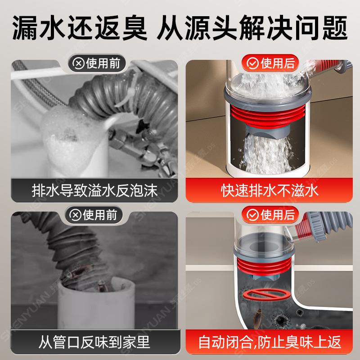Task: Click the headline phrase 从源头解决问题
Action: coord(252,28)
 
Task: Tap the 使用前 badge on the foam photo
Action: coord(97,63)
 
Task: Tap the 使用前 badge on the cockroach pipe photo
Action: coord(97,215)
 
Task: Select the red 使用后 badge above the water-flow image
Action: coord(270,63)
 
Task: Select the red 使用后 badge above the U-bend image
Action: coord(270,215)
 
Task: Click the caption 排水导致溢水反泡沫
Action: coord(94,190)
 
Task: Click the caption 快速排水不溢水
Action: coord(270,190)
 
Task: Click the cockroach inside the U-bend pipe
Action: coord(261,315)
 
